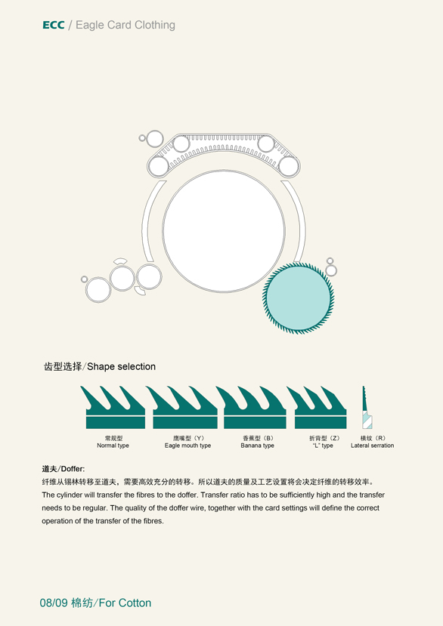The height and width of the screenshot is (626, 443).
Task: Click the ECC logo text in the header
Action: click(53, 25)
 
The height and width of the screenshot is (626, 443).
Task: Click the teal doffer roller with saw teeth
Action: click(299, 298)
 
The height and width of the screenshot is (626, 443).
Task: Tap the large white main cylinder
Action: click(224, 231)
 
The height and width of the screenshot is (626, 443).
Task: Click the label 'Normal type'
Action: click(113, 446)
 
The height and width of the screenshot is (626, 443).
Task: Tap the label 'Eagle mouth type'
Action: click(187, 446)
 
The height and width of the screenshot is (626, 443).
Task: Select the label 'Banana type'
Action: click(258, 446)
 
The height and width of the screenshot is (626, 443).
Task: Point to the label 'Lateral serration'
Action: click(372, 446)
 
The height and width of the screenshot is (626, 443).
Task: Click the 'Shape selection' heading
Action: click(121, 366)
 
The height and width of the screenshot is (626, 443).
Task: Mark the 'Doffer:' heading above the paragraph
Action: click(73, 469)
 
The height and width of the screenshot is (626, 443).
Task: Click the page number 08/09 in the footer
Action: click(54, 603)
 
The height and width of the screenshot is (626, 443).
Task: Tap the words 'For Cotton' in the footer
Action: click(125, 603)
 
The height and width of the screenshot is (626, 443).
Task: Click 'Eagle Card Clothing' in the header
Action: click(125, 25)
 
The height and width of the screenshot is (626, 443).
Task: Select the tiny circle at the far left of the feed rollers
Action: click(85, 279)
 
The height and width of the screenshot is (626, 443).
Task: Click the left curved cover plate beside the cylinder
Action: click(153, 220)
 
